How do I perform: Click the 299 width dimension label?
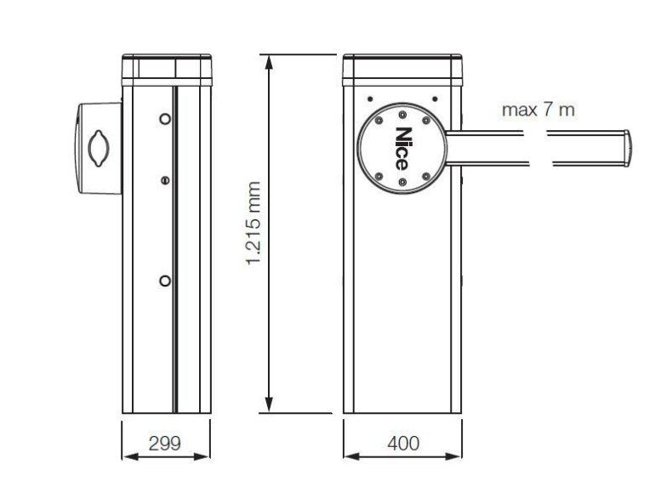click(x=165, y=443)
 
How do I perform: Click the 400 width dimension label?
click(x=403, y=443)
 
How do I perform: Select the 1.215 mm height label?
click(x=253, y=223)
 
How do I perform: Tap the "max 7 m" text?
click(x=538, y=110)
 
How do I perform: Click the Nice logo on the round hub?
click(x=401, y=149)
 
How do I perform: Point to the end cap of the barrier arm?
click(x=627, y=148)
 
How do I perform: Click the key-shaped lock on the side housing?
click(x=99, y=148)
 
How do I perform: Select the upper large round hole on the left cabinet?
click(x=165, y=119)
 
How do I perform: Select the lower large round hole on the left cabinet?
click(x=165, y=281)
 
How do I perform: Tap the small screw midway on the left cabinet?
click(x=165, y=180)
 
